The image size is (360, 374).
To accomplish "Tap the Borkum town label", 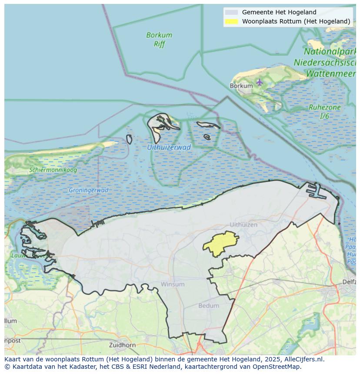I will click(x=241, y=86).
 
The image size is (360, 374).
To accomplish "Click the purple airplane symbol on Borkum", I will click(x=260, y=82).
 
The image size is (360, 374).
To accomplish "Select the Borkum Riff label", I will click(x=159, y=40).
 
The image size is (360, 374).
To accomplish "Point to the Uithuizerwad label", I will click(x=169, y=147).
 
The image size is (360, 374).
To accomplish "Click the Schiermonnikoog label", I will click(x=53, y=170).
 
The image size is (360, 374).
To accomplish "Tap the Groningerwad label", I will click(x=88, y=190).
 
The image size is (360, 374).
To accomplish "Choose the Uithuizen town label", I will click(x=243, y=225).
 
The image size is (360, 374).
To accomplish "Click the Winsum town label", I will click(x=173, y=284).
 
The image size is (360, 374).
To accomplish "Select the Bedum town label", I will click(x=209, y=305).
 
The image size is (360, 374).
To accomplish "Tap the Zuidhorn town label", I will click(x=123, y=345).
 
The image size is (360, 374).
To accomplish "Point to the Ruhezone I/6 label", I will click(x=324, y=112).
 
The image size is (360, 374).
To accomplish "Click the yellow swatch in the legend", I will click(x=232, y=21).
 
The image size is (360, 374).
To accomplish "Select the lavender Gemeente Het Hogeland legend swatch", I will click(x=232, y=12).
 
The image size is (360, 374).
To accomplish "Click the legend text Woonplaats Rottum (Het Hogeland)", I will click(x=296, y=21).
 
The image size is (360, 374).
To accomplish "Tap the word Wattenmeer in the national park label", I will click(x=330, y=74).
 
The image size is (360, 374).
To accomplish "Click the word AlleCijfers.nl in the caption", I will click(x=304, y=359).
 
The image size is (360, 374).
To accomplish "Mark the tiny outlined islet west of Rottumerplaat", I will click(x=129, y=139).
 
